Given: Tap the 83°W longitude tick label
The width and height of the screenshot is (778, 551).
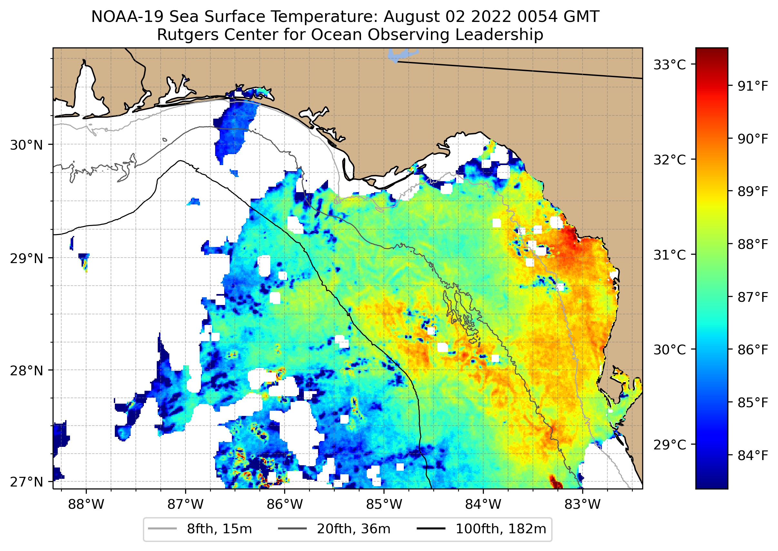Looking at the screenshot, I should click(583, 505).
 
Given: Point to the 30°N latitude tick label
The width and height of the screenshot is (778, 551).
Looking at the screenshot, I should click(26, 145).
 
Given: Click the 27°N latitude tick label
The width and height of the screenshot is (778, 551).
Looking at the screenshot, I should click(26, 482).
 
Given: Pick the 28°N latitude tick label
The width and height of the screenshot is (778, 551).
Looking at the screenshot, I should click(26, 371).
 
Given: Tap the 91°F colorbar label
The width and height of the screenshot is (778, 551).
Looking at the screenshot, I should click(753, 86).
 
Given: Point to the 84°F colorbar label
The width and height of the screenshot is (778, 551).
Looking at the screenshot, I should click(753, 456).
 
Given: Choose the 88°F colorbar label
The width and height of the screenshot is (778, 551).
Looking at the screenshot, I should click(753, 244).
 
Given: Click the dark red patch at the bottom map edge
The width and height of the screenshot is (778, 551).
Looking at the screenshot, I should click(556, 482).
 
